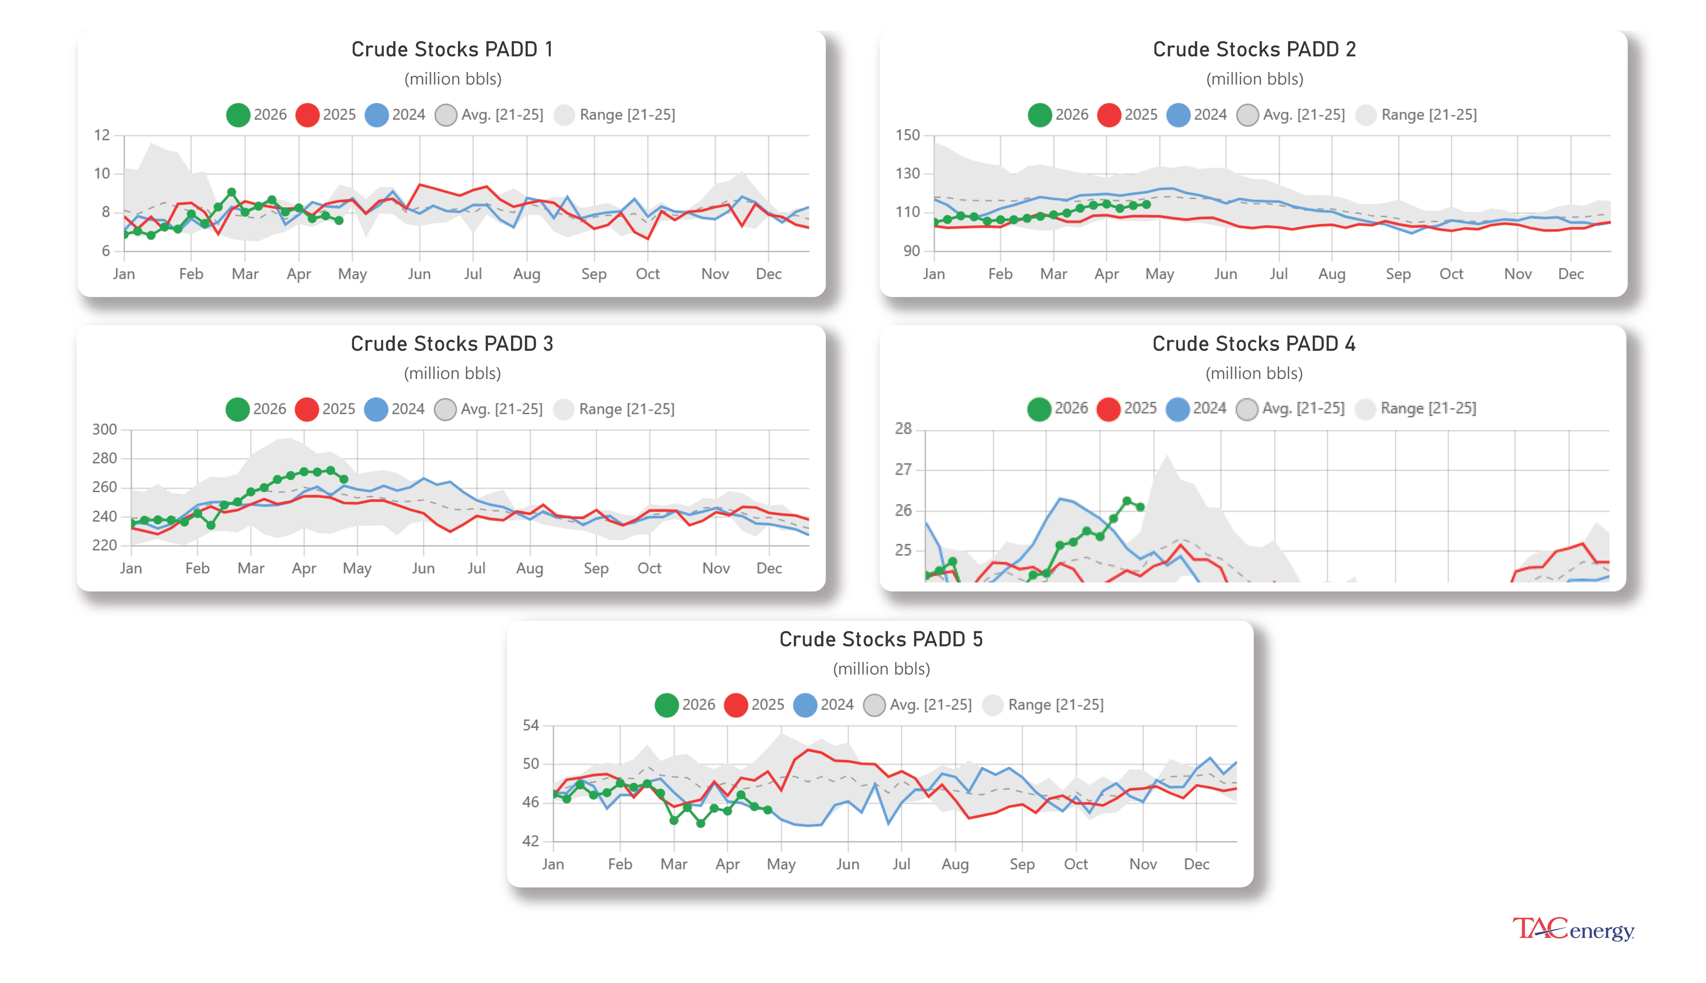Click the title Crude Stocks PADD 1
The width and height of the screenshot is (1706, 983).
pos(452,49)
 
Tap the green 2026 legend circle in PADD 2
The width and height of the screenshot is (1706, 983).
pos(1039,115)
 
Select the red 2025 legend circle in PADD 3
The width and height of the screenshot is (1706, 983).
pos(307,409)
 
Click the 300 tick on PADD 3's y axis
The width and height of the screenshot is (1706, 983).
pos(105,430)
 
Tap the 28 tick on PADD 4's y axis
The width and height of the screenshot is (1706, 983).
pos(903,429)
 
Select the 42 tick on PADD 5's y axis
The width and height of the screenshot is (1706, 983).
pos(530,841)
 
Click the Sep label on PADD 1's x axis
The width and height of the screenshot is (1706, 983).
pos(594,274)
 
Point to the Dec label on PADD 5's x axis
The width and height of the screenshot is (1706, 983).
pos(1196,864)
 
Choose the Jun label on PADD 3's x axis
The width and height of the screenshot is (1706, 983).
pos(423,569)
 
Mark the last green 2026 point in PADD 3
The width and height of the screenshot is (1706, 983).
pos(343,479)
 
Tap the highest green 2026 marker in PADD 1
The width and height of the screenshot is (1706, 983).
pos(231,192)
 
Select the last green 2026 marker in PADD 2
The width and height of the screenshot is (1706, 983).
pos(1146,204)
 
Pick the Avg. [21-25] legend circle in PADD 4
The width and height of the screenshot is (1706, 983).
pos(1246,409)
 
